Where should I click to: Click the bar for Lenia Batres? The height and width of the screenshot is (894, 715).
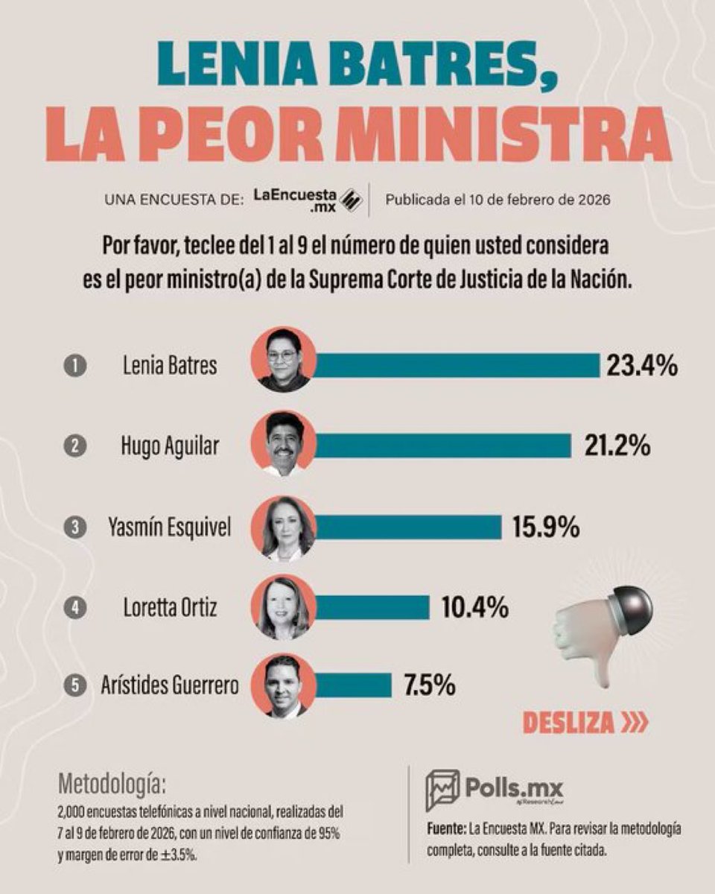[x=457, y=365]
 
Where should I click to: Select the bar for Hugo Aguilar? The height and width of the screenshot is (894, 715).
[x=443, y=446]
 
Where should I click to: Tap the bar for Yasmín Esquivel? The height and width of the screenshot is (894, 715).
[x=409, y=527]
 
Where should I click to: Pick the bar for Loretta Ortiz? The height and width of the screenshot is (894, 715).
[x=372, y=607]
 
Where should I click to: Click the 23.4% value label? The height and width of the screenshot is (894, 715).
[x=641, y=366]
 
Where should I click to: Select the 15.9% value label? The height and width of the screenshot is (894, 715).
[x=545, y=527]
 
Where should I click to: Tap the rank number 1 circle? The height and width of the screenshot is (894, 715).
[x=75, y=367]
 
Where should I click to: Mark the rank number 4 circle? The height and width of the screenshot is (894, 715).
[x=75, y=608]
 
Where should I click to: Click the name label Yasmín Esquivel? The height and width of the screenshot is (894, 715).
[x=170, y=527]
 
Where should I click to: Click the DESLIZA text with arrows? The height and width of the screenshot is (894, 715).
[x=585, y=723]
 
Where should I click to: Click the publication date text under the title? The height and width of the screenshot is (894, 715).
[x=498, y=200]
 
